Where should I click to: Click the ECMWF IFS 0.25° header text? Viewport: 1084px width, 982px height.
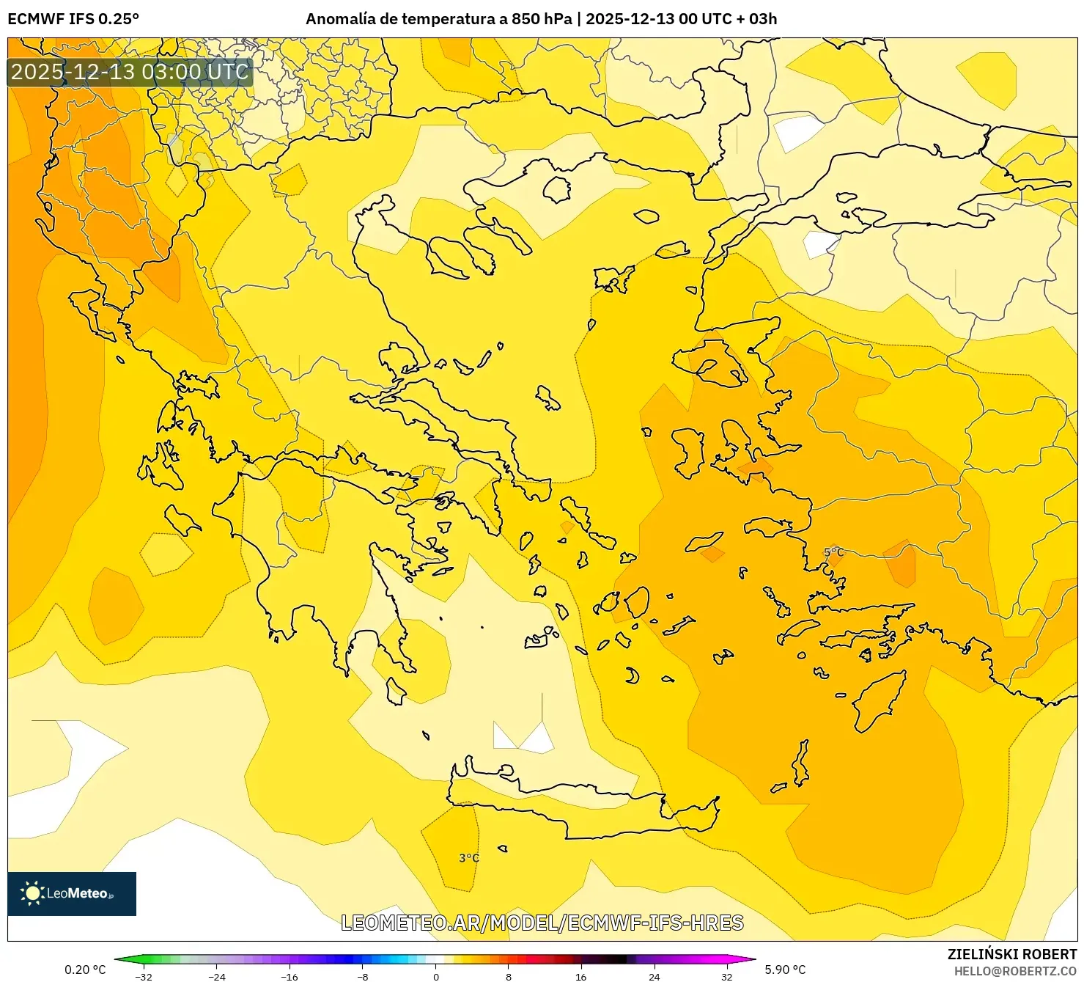tap(73, 19)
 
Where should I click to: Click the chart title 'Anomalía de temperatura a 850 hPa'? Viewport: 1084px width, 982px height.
tap(438, 19)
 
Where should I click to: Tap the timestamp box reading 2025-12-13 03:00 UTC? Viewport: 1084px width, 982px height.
tap(130, 72)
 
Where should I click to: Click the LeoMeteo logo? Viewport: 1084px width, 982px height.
tap(72, 893)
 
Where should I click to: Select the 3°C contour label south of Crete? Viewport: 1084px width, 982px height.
tap(469, 858)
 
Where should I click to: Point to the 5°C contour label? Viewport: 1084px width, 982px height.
tap(834, 552)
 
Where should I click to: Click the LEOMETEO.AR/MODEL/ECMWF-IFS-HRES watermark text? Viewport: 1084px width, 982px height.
tap(542, 923)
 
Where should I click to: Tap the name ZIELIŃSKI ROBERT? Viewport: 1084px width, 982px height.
tap(1012, 954)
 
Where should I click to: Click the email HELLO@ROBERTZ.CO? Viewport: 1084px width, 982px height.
tap(1015, 971)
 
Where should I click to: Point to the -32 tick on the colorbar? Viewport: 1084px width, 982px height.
tap(144, 976)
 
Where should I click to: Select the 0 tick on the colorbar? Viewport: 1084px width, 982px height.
tap(436, 976)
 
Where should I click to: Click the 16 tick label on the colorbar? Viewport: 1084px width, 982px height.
tap(581, 976)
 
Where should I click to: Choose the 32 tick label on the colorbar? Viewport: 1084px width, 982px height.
tap(726, 976)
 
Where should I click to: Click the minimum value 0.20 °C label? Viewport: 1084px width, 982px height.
tap(85, 970)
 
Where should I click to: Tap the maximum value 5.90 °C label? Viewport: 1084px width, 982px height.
tap(785, 970)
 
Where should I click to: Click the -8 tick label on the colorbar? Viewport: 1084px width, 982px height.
tap(362, 976)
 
